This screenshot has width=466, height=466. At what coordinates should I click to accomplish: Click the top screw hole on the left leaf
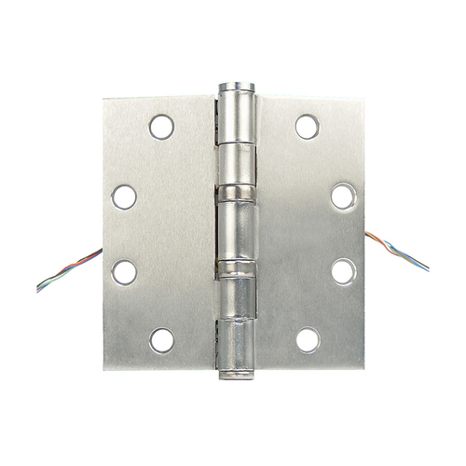coord(162,127)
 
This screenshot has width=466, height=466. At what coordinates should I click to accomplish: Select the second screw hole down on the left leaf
coord(124,197)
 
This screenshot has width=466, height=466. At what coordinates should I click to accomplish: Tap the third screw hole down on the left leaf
coord(124,271)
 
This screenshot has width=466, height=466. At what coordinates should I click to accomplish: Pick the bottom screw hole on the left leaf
coord(162,340)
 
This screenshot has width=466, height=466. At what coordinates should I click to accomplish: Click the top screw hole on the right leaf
coord(307,127)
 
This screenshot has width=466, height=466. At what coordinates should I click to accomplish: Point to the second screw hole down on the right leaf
coord(343,197)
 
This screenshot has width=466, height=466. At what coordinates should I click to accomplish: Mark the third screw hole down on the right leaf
coord(343,271)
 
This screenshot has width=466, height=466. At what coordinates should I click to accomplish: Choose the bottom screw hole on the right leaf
coord(307,340)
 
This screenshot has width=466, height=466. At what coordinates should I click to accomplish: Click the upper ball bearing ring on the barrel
coord(236,193)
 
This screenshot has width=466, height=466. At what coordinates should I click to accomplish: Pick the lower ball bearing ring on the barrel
coord(236,270)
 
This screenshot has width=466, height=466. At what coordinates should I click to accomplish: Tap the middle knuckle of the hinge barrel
coord(237,231)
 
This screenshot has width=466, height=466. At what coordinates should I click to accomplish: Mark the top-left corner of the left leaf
coord(104,99)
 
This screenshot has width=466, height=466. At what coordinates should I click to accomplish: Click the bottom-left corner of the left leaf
coord(104,369)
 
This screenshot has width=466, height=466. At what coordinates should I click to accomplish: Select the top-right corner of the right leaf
coord(363,99)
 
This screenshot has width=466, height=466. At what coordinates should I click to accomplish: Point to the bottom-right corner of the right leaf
coord(363,368)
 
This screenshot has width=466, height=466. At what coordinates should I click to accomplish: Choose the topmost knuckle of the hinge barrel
coord(236,116)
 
